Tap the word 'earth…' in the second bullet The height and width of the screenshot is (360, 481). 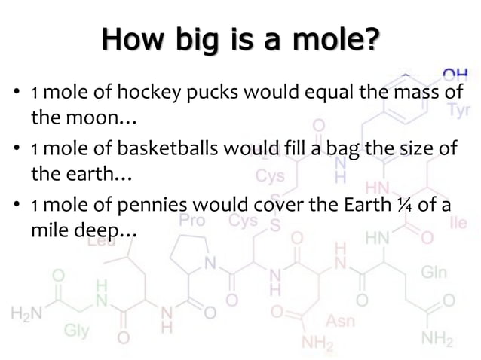tap(84, 175)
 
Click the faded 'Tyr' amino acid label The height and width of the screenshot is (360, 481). tap(458, 111)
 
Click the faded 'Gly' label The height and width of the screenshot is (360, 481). tap(75, 329)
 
